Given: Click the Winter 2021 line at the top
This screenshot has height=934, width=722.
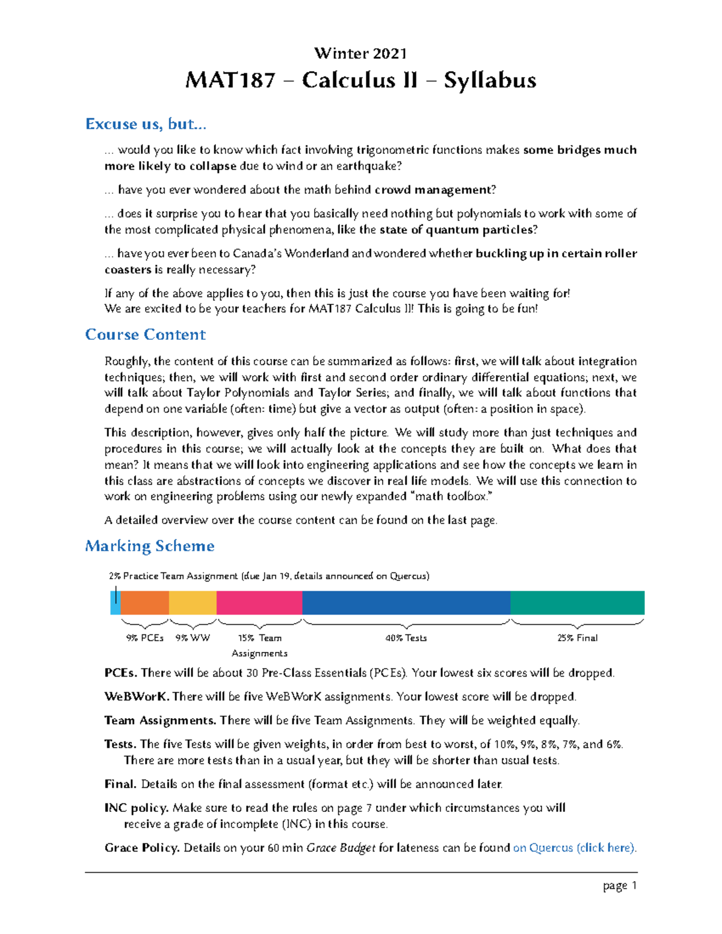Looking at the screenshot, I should [x=360, y=54].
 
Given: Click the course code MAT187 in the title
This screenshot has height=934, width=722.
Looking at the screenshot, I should [x=230, y=81].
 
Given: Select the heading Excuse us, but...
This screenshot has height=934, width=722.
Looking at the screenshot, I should [x=146, y=124].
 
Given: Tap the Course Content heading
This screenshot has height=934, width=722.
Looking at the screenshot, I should [x=146, y=334].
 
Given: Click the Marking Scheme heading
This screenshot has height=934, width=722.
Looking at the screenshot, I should [x=150, y=545].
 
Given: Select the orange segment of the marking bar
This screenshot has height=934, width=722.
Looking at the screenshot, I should [x=144, y=603].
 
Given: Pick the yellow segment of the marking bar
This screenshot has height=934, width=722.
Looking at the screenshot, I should [x=193, y=603].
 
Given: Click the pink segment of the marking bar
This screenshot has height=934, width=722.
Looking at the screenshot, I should [x=259, y=603].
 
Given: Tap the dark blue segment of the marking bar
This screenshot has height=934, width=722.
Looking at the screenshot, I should [x=406, y=603].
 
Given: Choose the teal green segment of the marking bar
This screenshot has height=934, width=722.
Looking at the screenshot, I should [x=577, y=603].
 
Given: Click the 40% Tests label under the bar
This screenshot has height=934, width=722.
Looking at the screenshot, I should [x=406, y=638].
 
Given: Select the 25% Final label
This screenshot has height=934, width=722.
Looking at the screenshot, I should [x=577, y=638].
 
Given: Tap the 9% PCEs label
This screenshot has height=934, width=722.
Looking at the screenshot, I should [x=144, y=638].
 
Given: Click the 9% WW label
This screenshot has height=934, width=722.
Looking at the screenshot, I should [x=193, y=638].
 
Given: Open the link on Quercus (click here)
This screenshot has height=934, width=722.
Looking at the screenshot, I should [x=574, y=848].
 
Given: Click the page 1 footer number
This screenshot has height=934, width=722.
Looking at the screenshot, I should [x=620, y=885].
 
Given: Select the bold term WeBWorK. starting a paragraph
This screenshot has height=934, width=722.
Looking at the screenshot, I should [x=137, y=696].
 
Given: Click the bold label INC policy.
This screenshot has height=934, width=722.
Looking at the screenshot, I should [x=137, y=808].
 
